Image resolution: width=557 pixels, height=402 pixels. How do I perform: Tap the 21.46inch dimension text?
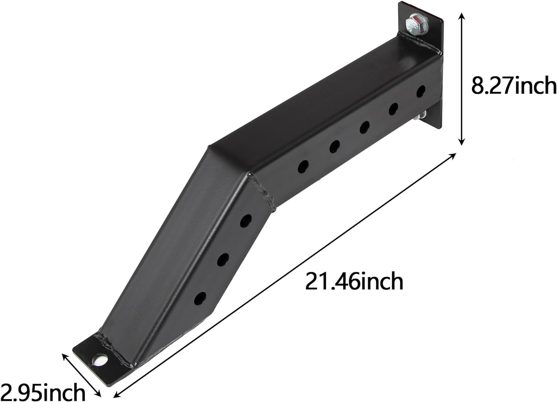coord(354,281)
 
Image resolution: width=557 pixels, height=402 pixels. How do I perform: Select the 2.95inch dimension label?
coord(43,392)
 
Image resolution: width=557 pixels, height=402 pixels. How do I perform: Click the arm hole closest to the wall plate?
coord(421,91)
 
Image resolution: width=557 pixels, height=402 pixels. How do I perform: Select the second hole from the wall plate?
coord(393,109)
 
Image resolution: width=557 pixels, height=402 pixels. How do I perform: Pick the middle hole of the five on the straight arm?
coord(365,127)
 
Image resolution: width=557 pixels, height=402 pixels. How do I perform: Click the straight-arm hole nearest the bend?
coord(303,167)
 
